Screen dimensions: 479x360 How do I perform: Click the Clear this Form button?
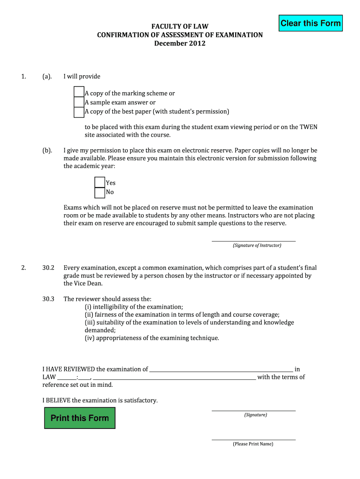point(310,23)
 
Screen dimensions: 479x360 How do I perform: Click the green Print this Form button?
point(79,418)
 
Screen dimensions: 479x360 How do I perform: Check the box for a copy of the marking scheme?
point(79,92)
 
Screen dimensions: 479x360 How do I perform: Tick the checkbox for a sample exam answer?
point(79,102)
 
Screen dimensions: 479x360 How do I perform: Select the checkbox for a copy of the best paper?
point(79,112)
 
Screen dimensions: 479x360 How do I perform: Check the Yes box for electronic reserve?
point(100,182)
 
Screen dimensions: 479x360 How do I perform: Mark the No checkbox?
point(100,192)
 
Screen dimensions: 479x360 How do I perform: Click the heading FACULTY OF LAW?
point(180,27)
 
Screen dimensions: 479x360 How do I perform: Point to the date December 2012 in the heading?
point(180,44)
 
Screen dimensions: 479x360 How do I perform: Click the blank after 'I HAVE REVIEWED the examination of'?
point(221,369)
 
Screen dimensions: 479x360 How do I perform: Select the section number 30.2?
point(49,268)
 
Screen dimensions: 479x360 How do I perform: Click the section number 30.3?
point(49,299)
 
